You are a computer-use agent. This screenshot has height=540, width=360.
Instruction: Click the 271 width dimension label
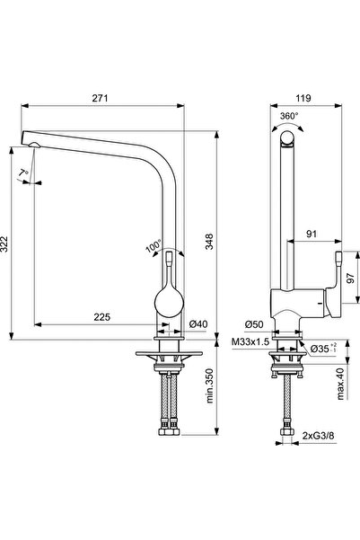(x=100, y=98)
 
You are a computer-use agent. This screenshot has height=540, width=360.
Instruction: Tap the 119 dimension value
(x=303, y=98)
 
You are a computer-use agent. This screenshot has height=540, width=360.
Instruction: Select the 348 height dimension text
(x=209, y=242)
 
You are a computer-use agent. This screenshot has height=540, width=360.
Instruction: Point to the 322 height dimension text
(x=4, y=243)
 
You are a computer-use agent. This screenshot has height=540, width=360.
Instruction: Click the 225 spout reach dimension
(x=101, y=317)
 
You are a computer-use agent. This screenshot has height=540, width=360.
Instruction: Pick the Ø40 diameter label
(x=198, y=324)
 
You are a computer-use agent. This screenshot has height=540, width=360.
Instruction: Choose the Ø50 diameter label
(x=254, y=324)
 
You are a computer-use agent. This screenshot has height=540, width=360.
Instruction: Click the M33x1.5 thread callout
(x=250, y=342)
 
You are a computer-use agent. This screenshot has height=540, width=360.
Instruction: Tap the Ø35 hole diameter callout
(x=323, y=348)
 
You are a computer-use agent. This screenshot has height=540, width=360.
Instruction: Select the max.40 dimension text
(x=340, y=384)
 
